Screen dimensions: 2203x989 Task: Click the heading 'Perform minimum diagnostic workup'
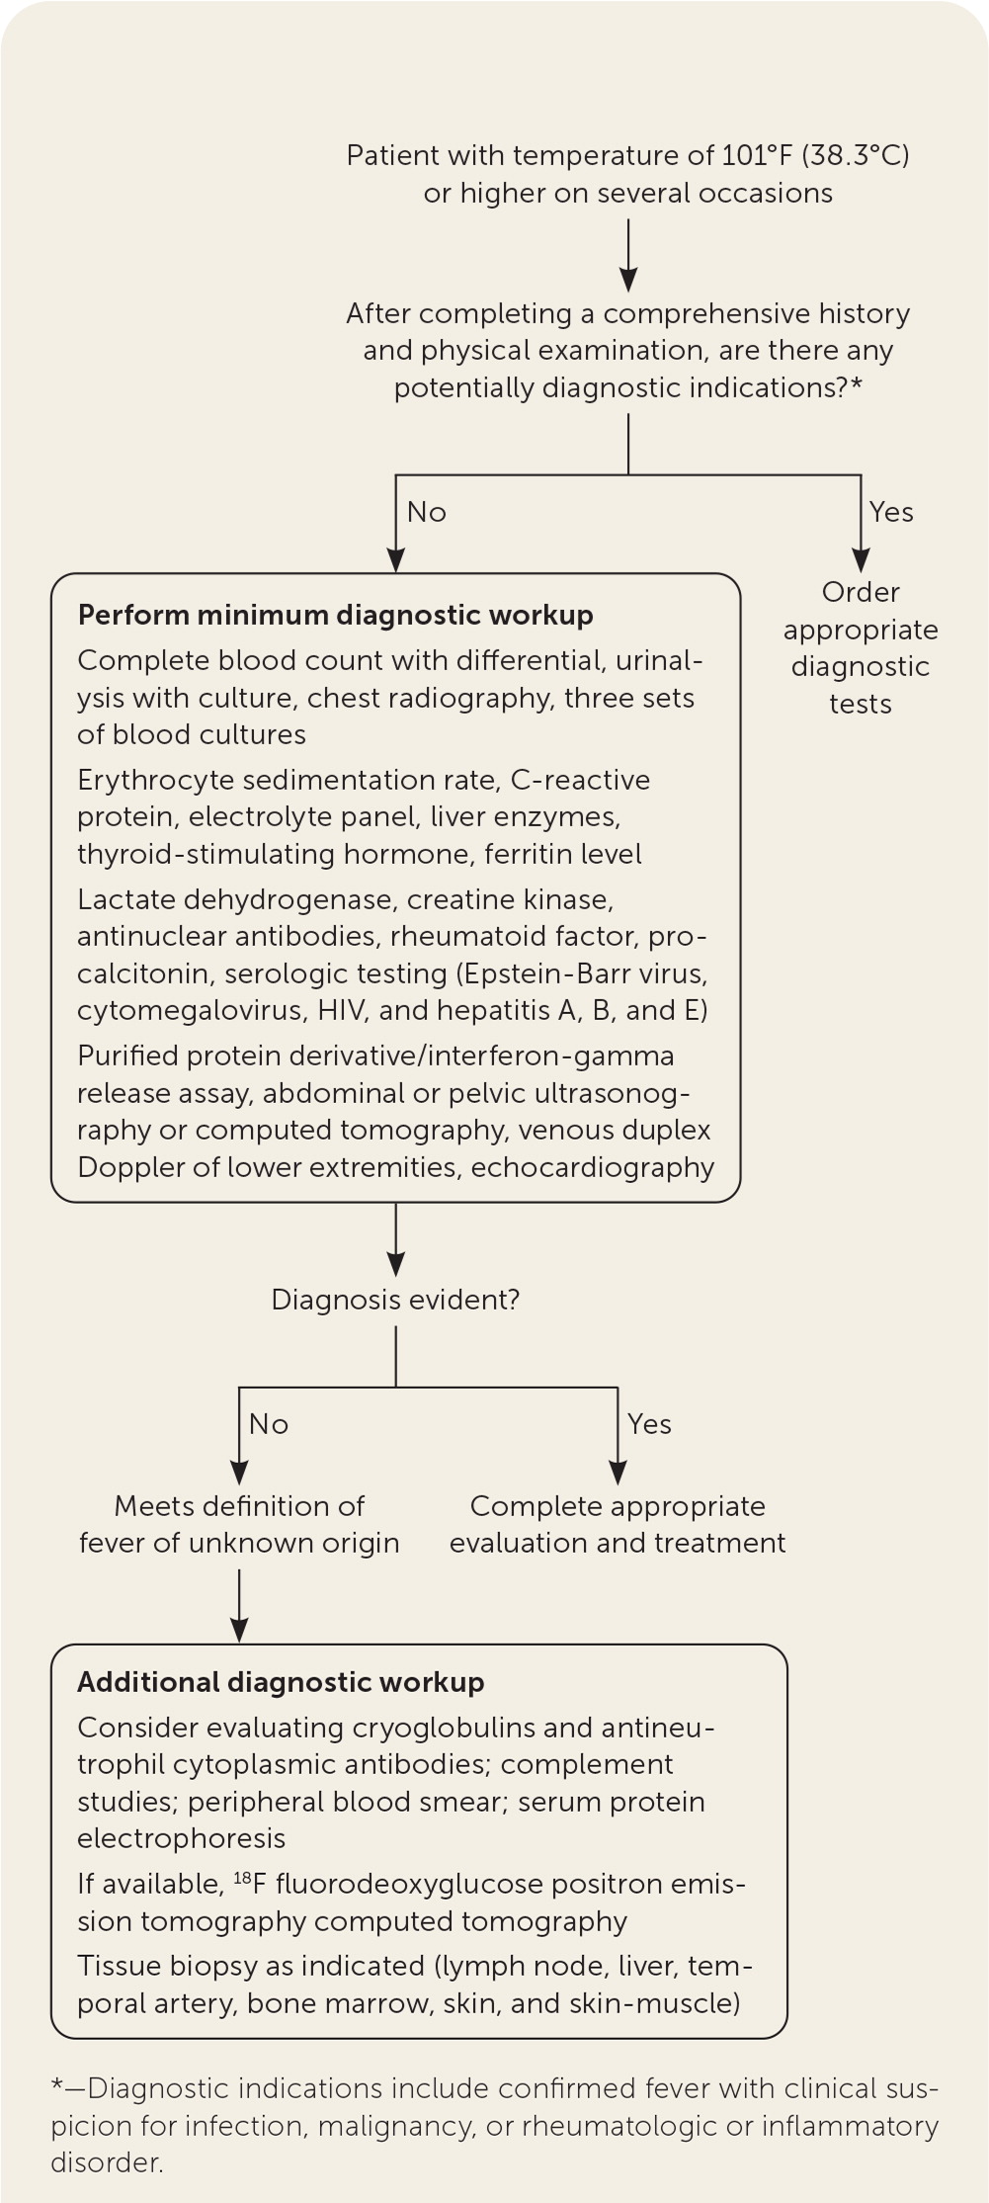pyautogui.click(x=335, y=615)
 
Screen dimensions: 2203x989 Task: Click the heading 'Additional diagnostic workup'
pyautogui.click(x=281, y=1682)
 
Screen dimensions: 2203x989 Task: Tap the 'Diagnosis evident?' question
pyautogui.click(x=395, y=1300)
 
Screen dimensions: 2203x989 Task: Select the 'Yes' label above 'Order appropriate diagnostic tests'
pyautogui.click(x=891, y=512)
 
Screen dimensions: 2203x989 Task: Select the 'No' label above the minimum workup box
pyautogui.click(x=427, y=512)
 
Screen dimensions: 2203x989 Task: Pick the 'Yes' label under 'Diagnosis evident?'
pyautogui.click(x=649, y=1424)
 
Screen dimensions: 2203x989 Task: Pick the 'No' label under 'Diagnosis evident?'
pyautogui.click(x=269, y=1424)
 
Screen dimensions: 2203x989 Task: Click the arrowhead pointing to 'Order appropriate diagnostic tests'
pyautogui.click(x=861, y=560)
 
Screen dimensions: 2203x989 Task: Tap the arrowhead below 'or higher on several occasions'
pyautogui.click(x=628, y=280)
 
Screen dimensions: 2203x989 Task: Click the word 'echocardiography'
pyautogui.click(x=593, y=1167)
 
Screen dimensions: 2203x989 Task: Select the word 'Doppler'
pyautogui.click(x=120, y=1167)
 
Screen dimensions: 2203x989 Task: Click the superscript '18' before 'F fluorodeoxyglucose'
pyautogui.click(x=243, y=1877)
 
